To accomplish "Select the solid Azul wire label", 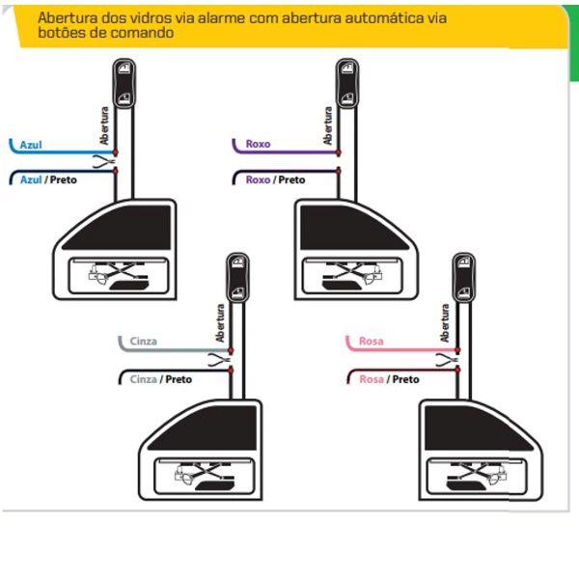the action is pyautogui.click(x=31, y=145).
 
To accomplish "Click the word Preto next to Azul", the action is pyautogui.click(x=63, y=179).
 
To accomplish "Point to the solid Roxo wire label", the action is pyautogui.click(x=258, y=144).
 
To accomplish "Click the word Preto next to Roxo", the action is pyautogui.click(x=291, y=179).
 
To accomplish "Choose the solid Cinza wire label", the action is pyautogui.click(x=143, y=342).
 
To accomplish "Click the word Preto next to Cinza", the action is pyautogui.click(x=179, y=379).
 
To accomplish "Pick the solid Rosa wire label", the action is pyautogui.click(x=372, y=341).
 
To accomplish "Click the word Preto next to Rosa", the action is pyautogui.click(x=406, y=379).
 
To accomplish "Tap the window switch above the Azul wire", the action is pyautogui.click(x=124, y=83).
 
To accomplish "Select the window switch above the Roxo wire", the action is pyautogui.click(x=347, y=83).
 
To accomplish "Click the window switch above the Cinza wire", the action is pyautogui.click(x=237, y=278).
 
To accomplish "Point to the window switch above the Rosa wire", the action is pyautogui.click(x=464, y=278).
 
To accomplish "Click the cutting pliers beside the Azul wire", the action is pyautogui.click(x=104, y=162).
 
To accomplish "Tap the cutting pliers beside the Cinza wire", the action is pyautogui.click(x=220, y=360).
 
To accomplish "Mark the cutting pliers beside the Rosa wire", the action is pyautogui.click(x=447, y=360).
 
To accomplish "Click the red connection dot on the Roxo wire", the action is pyautogui.click(x=339, y=152).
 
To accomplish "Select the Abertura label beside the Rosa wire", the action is pyautogui.click(x=445, y=323).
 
